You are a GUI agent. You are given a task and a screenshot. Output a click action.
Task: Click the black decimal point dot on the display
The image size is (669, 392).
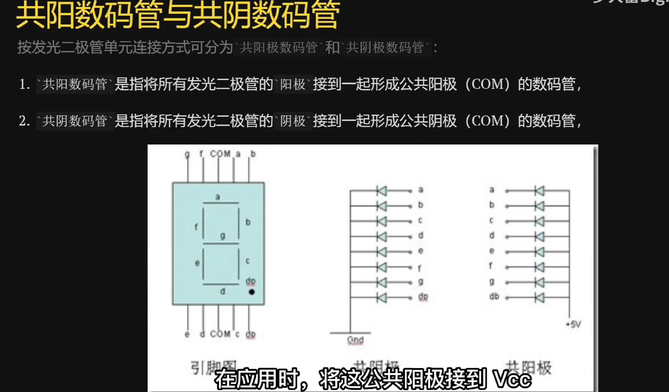(252, 292)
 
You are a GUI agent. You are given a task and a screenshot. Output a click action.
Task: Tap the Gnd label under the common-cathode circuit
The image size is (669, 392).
(355, 340)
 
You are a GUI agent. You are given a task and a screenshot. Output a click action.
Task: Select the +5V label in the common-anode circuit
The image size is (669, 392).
(574, 324)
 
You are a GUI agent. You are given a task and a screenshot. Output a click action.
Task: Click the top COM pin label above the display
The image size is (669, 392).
(220, 154)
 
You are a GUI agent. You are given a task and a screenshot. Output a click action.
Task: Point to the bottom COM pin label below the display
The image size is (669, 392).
(220, 334)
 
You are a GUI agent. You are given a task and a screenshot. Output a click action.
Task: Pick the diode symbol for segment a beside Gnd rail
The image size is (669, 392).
(382, 191)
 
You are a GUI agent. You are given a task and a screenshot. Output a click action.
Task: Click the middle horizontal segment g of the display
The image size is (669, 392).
(221, 244)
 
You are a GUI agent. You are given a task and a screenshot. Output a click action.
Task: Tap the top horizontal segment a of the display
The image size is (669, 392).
(221, 203)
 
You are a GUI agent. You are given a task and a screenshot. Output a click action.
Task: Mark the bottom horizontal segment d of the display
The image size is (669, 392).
(221, 284)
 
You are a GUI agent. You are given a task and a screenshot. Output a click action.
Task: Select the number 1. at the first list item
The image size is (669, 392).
(24, 84)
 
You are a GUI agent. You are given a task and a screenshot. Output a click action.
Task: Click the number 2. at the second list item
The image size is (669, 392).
(24, 121)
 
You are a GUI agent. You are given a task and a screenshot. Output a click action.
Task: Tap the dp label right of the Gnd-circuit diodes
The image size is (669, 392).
(423, 297)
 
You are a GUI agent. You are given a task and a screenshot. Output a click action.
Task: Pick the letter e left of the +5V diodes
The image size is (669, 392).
(492, 251)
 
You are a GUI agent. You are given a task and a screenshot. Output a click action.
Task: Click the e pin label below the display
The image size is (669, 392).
(187, 334)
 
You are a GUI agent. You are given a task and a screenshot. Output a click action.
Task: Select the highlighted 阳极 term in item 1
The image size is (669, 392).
(293, 85)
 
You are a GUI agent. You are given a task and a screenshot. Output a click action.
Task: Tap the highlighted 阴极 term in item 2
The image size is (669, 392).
(293, 121)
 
